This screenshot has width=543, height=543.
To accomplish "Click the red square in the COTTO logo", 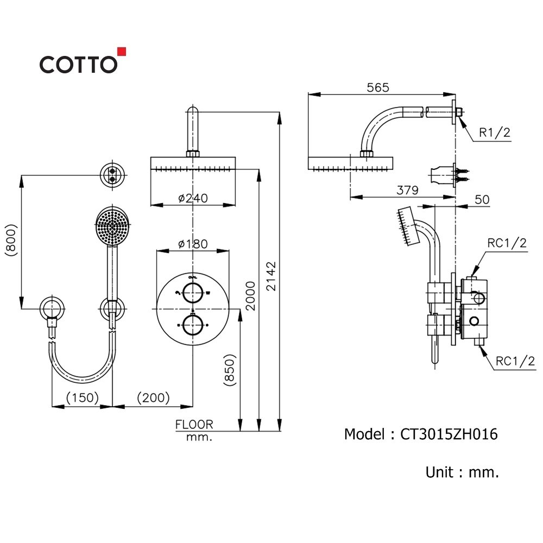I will (122, 52).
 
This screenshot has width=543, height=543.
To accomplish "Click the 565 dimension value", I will (378, 87).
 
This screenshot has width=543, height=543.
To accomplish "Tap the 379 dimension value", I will (407, 190).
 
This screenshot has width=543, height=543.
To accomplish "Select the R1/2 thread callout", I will (495, 132).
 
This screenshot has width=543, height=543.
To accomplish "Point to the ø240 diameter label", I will (193, 198).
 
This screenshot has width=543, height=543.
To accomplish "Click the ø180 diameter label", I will (193, 244).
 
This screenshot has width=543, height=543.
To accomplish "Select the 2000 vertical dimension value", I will (250, 295).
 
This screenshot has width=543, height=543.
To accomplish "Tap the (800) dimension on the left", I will (10, 239).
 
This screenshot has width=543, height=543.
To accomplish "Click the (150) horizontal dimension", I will (82, 398).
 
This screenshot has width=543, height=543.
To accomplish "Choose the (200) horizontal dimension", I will (153, 398).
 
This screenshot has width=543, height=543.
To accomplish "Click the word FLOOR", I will (194, 425).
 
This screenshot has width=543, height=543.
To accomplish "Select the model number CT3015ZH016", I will (449, 434).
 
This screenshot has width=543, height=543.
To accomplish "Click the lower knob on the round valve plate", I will (192, 325).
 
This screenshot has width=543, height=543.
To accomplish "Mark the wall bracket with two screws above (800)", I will (113, 174).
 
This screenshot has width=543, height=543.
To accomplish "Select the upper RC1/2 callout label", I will (507, 243).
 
